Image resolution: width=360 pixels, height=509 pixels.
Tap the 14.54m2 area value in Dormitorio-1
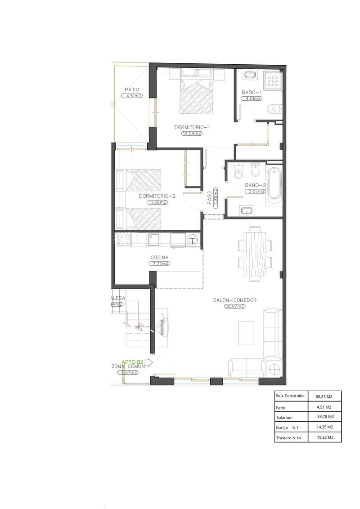point(192,133)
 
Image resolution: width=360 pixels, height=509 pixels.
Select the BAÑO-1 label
point(252,92)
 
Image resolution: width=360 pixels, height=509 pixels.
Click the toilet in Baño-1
point(274,109)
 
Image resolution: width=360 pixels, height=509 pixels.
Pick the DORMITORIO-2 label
point(157,196)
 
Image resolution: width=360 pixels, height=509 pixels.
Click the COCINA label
point(159,258)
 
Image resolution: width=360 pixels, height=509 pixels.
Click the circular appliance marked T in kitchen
point(193,240)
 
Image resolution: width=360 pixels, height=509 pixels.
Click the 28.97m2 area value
point(235,306)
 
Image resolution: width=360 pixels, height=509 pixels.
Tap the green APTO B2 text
point(133,362)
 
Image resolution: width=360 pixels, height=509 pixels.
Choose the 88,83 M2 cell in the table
point(324,397)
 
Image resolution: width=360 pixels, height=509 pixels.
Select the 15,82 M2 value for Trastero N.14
point(324,437)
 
